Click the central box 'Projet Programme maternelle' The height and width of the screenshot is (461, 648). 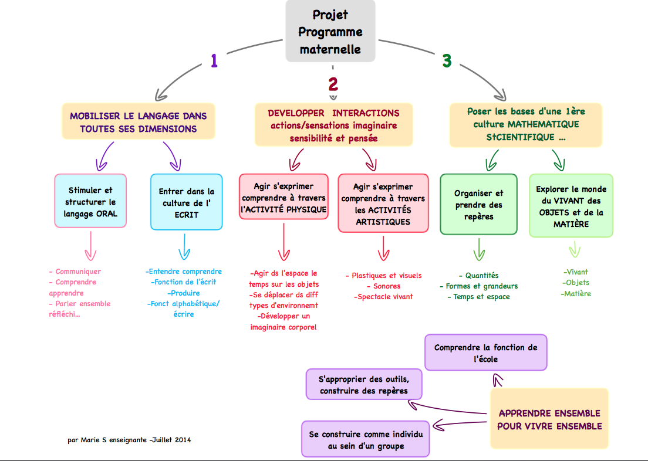330,31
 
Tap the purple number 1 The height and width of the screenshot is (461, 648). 214,61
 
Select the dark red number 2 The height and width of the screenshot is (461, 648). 333,84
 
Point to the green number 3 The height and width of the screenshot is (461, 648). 447,61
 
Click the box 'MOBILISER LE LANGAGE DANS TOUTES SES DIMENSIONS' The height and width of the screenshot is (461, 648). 139,122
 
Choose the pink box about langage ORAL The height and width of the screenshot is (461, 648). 90,201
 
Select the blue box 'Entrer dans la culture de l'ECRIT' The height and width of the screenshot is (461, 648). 187,201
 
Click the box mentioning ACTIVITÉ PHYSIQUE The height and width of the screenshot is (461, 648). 283,196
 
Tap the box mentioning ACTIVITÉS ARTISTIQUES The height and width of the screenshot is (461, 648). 383,202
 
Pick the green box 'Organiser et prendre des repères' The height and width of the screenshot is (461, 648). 478,204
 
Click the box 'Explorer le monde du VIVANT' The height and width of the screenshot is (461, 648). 571,205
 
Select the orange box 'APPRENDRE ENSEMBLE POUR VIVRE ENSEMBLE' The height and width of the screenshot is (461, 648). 549,419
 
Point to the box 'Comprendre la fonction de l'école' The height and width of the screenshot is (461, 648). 485,352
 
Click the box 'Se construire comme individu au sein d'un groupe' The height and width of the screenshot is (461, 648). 366,439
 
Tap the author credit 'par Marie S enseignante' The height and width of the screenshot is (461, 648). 130,439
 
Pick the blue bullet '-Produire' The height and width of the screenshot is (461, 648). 184,293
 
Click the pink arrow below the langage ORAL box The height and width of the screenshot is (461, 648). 90,246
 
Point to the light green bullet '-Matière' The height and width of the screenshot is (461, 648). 576,293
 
